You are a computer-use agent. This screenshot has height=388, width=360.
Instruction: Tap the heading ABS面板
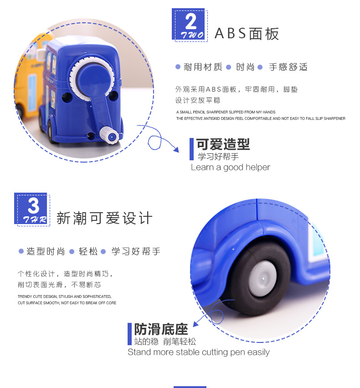[x=247, y=34]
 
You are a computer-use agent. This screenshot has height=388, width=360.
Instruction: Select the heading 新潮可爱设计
[x=104, y=218]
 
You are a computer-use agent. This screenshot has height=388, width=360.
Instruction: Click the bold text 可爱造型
[x=223, y=144]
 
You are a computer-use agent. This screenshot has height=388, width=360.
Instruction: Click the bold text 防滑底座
[x=161, y=329]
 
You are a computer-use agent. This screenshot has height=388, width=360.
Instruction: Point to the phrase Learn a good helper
[x=230, y=168]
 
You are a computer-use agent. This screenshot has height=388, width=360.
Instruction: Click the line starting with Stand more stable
[x=199, y=352]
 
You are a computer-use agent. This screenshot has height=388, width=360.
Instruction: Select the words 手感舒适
[x=288, y=67]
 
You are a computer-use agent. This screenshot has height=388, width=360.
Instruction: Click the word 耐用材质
[x=203, y=67]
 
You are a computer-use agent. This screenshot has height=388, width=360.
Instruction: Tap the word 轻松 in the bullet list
[x=88, y=252]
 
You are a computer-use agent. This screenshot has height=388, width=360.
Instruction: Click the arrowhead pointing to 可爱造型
[x=176, y=149]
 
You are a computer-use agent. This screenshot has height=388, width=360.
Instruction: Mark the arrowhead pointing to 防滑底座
[x=196, y=323]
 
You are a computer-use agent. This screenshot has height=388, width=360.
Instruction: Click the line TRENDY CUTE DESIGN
[x=65, y=296]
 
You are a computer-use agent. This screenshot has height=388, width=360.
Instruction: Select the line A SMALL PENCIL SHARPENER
[x=226, y=112]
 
